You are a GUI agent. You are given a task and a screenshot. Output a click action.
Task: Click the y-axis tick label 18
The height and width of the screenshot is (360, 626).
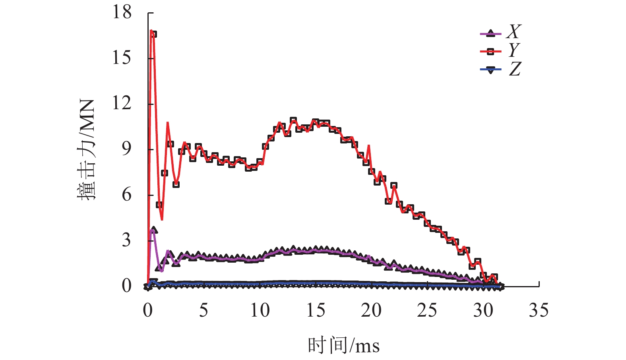[x=122, y=12]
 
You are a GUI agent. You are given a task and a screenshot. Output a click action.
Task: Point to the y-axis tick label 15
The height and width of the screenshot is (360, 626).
[x=122, y=58]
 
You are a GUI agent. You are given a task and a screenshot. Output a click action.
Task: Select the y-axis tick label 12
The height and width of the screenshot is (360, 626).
[x=122, y=103]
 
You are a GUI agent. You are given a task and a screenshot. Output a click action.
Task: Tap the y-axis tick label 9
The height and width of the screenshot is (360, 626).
[x=126, y=149]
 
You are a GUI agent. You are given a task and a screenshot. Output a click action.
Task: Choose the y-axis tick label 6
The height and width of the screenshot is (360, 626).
[x=126, y=195]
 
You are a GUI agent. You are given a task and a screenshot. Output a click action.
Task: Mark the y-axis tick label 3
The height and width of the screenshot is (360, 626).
[x=126, y=240]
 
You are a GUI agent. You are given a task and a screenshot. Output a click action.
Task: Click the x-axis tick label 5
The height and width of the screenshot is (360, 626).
[x=203, y=310]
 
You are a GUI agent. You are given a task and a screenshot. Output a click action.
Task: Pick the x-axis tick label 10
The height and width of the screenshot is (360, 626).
[x=260, y=310]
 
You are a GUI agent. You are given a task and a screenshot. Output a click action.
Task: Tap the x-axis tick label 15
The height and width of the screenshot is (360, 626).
[x=316, y=310]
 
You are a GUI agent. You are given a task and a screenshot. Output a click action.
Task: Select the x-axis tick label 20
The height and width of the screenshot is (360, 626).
[x=371, y=310]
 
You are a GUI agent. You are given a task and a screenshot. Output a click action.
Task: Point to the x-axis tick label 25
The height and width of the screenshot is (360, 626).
[x=427, y=310]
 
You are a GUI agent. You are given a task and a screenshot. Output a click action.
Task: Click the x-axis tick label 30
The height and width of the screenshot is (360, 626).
[x=483, y=310]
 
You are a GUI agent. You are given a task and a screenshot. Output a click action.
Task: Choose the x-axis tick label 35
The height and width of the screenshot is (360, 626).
[x=539, y=310]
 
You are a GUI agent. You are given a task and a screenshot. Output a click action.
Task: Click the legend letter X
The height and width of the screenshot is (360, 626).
[x=514, y=31]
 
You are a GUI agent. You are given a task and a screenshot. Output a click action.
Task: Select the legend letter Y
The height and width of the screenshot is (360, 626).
[x=514, y=50]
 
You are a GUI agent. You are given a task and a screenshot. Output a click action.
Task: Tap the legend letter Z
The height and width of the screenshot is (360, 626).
[x=515, y=69]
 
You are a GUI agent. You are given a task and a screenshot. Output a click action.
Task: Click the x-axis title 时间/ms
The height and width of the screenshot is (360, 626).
[x=344, y=345]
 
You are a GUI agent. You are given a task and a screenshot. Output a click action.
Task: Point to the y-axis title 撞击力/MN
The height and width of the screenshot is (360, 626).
[x=86, y=150]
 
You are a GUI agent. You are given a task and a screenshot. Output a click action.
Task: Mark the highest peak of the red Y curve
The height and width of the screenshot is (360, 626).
[x=151, y=31]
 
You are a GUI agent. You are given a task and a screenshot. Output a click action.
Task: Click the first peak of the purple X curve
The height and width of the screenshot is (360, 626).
[x=152, y=230]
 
